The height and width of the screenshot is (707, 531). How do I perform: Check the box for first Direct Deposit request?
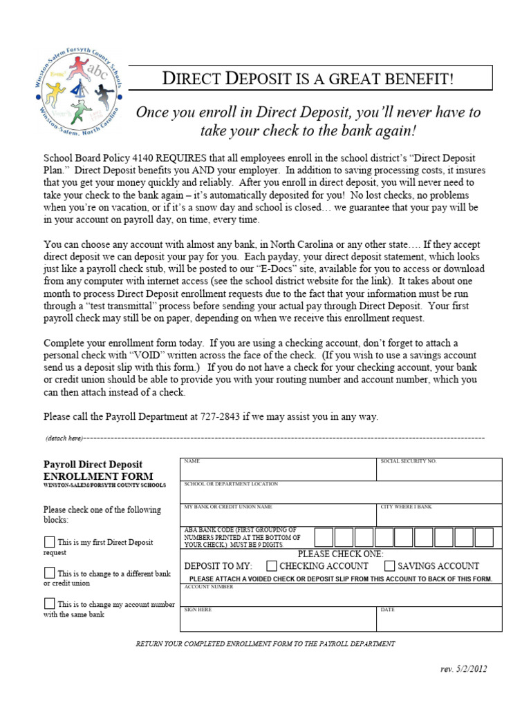click(x=49, y=542)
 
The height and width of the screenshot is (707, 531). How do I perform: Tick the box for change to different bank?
click(x=49, y=573)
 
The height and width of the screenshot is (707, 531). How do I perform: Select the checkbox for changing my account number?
click(x=49, y=603)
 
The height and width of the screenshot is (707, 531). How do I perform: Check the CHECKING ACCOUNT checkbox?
click(x=272, y=565)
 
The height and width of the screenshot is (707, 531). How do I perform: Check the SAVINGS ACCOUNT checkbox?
click(x=389, y=565)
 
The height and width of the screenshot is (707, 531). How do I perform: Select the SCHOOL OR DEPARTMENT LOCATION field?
click(x=341, y=494)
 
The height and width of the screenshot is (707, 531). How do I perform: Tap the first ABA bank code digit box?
click(x=324, y=537)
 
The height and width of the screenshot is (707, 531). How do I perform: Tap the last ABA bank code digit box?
click(x=484, y=537)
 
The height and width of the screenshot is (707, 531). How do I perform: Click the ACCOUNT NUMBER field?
click(x=341, y=596)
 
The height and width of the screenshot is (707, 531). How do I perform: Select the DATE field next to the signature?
click(x=439, y=621)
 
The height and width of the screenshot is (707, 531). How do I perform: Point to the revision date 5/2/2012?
click(x=477, y=669)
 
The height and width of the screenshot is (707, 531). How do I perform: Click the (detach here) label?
click(x=64, y=438)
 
